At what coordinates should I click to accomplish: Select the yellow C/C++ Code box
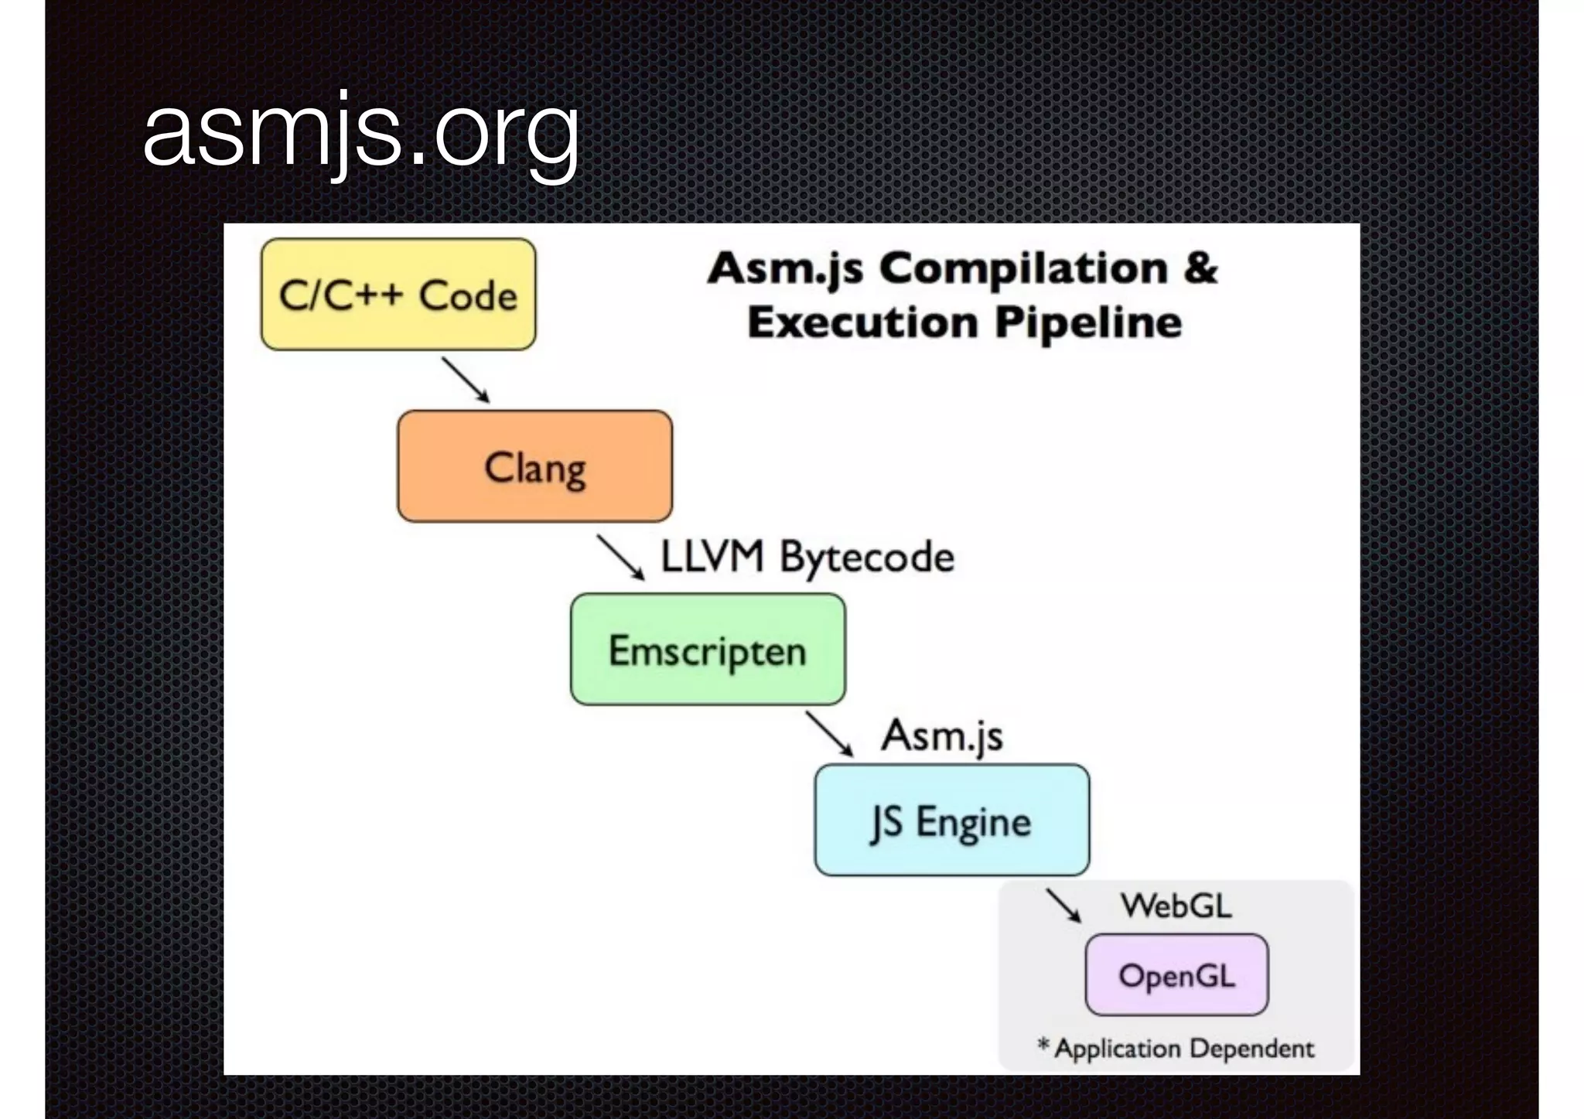[398, 295]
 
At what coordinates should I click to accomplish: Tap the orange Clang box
[534, 466]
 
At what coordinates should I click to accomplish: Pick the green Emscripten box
[708, 650]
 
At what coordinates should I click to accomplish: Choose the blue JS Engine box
[952, 820]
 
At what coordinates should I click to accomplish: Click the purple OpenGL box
[1176, 975]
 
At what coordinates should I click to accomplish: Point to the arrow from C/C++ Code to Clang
[466, 380]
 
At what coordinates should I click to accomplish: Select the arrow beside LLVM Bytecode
[620, 558]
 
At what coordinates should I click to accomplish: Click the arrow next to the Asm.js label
[829, 733]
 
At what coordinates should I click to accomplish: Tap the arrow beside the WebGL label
[1064, 905]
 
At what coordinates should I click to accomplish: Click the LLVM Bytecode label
[807, 557]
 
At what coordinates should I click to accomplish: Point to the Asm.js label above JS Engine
[942, 735]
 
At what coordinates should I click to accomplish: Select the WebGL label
[1176, 906]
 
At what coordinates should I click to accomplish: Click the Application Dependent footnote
[1183, 1049]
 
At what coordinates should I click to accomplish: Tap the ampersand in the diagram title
[1200, 268]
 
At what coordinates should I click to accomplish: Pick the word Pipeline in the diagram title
[1088, 322]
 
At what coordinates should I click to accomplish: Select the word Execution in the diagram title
[863, 322]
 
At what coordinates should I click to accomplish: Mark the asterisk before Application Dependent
[1043, 1046]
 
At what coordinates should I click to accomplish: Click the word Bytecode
[867, 558]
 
